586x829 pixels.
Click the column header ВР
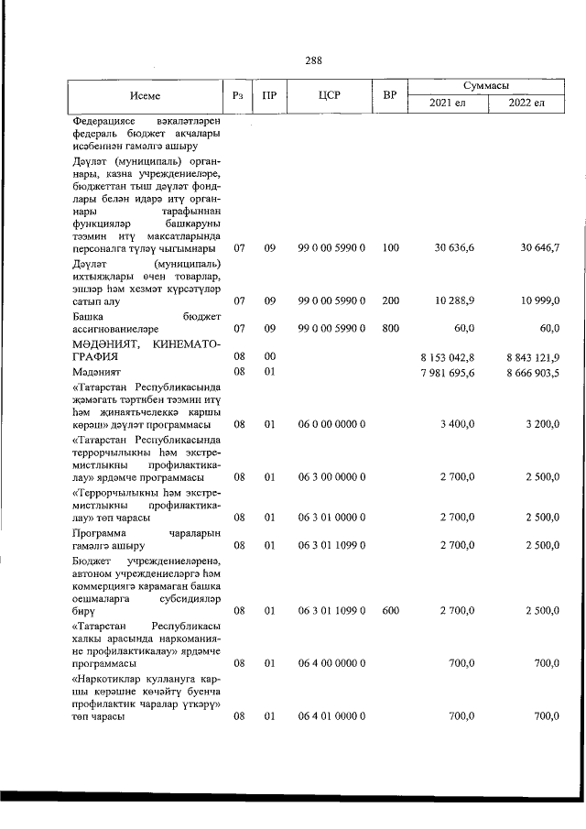(x=389, y=93)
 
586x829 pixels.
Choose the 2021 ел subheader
(x=447, y=102)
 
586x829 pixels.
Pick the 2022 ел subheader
(x=526, y=102)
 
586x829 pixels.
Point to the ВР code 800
(x=391, y=326)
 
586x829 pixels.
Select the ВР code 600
(x=391, y=608)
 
